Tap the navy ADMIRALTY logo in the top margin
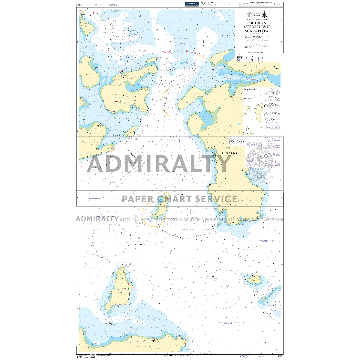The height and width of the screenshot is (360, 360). point(192,4)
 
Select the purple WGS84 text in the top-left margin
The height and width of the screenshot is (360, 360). point(113,5)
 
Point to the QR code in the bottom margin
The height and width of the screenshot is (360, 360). point(92,356)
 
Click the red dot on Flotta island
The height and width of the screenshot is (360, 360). point(116,102)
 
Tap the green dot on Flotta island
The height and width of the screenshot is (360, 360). point(121,101)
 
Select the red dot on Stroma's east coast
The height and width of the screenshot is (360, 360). point(129,284)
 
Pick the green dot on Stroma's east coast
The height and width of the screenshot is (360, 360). point(129,289)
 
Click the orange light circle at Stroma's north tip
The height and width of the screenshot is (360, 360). point(121,271)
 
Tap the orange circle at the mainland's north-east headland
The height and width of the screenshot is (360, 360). point(185,340)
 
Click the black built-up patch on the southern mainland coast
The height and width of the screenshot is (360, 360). point(154,340)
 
